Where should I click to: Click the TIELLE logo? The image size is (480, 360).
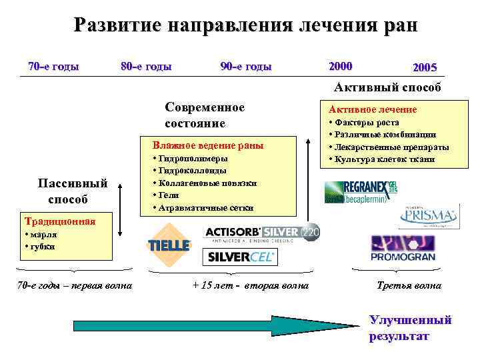pyautogui.click(x=169, y=245)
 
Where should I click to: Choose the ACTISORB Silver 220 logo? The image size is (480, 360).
pyautogui.click(x=261, y=232)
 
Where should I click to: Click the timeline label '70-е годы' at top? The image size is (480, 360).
pyautogui.click(x=53, y=66)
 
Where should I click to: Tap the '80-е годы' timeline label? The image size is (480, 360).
pyautogui.click(x=146, y=66)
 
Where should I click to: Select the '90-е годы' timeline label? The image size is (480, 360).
pyautogui.click(x=246, y=66)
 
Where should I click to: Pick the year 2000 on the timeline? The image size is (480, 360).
pyautogui.click(x=341, y=66)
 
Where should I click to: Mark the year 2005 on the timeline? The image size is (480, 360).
pyautogui.click(x=425, y=68)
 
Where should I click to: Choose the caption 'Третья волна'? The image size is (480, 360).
pyautogui.click(x=409, y=285)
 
